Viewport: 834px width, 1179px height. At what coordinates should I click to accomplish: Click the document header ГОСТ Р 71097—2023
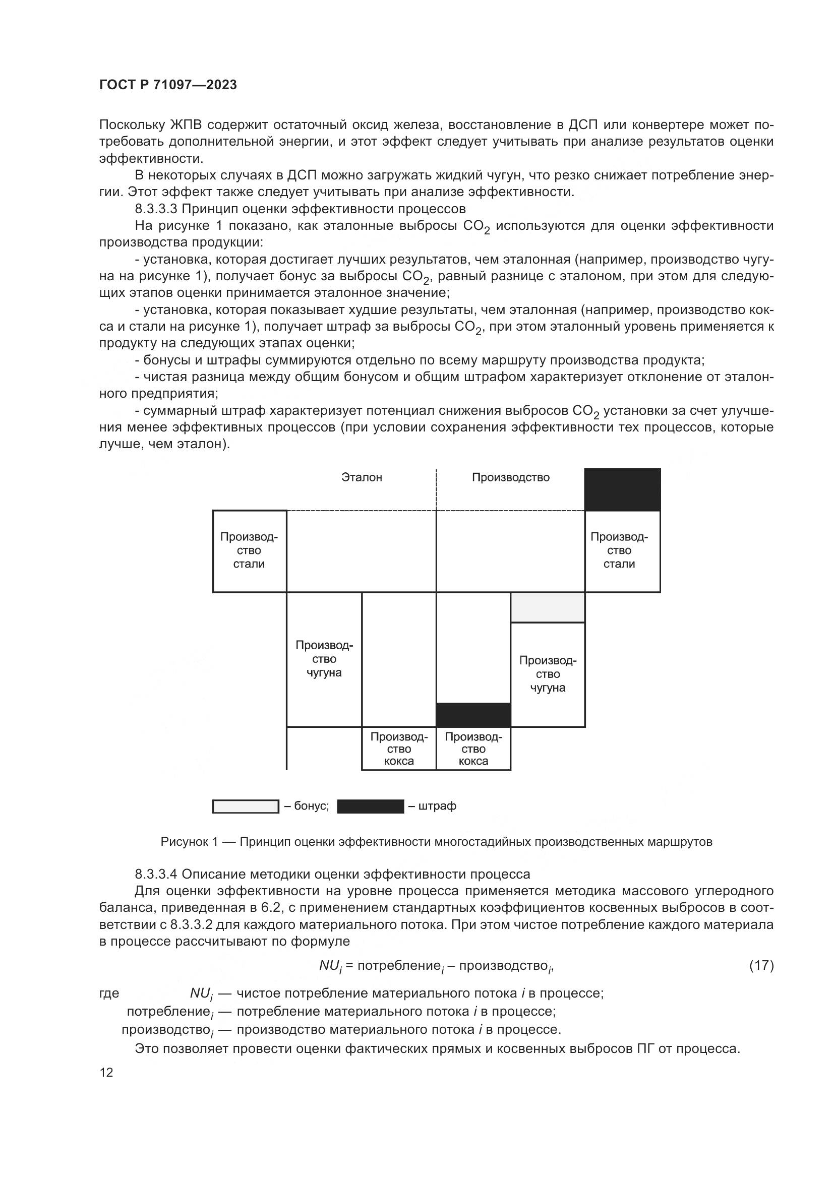168,85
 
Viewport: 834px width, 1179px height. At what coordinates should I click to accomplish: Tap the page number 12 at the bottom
106,1073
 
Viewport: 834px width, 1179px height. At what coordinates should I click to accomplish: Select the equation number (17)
761,965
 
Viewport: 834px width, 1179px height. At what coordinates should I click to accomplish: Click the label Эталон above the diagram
362,477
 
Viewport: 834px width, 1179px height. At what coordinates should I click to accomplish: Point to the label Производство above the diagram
510,477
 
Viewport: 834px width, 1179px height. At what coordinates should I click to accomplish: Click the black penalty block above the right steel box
622,490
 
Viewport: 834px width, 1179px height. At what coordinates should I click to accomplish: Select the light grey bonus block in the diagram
548,607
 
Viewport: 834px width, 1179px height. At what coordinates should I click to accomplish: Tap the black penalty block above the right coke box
473,715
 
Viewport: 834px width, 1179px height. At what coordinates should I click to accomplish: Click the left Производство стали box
250,551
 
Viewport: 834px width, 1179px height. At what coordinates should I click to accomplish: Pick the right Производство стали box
622,551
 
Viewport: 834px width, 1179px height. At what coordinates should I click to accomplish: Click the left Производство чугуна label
324,659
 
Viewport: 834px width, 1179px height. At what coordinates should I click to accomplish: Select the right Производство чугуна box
548,674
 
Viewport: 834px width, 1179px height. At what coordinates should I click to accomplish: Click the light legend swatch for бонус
246,806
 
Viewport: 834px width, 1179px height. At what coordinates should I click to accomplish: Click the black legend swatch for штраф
370,806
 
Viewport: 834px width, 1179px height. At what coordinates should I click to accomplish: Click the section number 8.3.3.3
156,209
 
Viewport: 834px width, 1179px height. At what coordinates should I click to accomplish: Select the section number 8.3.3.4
156,874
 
